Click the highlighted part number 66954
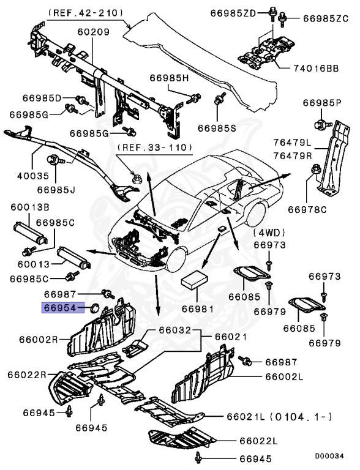coord(59,308)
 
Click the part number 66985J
coord(55,189)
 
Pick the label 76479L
coord(292,144)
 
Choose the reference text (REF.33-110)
coord(154,147)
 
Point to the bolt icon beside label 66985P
coord(320,126)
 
